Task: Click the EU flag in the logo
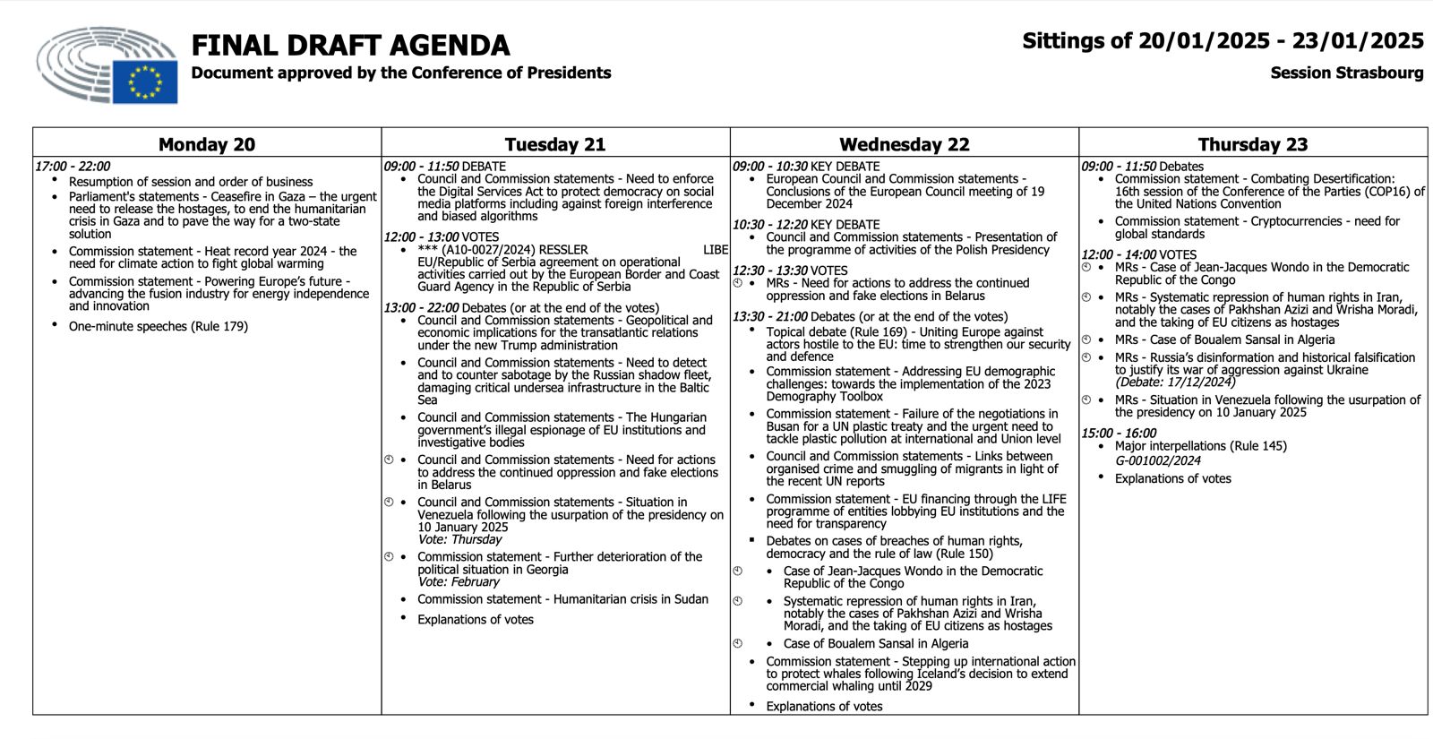144,81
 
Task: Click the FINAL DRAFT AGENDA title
350,45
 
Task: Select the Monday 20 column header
207,144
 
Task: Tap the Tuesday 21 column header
555,144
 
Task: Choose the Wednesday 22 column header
904,144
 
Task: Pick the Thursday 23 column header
1252,144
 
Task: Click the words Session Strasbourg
1346,73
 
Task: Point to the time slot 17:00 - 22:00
73,167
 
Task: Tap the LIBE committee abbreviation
716,250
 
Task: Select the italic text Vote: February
458,581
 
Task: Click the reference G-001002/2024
1157,460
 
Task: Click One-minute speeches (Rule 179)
159,326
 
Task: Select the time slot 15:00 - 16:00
1119,433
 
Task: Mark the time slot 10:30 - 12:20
769,225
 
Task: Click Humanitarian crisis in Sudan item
562,599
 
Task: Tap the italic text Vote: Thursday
459,539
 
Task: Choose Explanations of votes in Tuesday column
475,619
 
